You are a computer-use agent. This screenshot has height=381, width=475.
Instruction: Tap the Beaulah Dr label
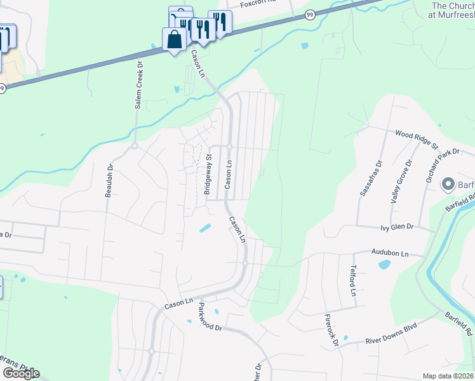(109, 180)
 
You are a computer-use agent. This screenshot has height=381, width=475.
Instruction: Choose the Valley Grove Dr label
(399, 182)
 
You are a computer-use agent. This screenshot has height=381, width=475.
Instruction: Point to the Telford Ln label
(352, 281)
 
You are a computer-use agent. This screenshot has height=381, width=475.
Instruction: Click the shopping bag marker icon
(174, 39)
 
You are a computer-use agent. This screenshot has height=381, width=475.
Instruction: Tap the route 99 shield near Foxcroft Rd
(309, 14)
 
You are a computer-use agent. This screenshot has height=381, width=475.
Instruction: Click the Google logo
(20, 373)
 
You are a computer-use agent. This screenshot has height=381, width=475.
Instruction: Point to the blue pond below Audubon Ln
(384, 264)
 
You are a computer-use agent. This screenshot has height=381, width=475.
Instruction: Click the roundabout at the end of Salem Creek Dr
(135, 145)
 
